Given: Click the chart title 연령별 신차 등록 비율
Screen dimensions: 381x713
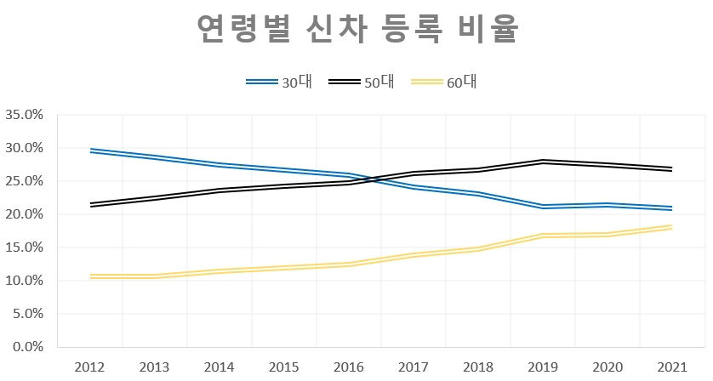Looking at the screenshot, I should point(356,30).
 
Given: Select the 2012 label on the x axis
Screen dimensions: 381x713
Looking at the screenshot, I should point(90,367).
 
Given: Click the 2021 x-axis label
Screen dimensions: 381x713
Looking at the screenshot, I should point(672,367).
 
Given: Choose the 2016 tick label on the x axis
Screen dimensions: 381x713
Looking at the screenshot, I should point(349,367).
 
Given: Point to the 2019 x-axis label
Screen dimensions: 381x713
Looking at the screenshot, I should point(543,367).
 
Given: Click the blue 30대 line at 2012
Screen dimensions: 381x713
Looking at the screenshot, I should point(90,151).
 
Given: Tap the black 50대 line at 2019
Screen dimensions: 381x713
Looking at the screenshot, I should point(543,162).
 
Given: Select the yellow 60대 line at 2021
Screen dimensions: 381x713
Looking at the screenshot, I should point(672,227).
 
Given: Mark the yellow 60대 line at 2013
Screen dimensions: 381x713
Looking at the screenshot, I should point(155,276).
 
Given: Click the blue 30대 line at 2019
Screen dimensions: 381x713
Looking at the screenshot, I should point(543,207).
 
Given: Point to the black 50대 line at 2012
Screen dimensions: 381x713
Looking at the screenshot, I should point(90,204).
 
